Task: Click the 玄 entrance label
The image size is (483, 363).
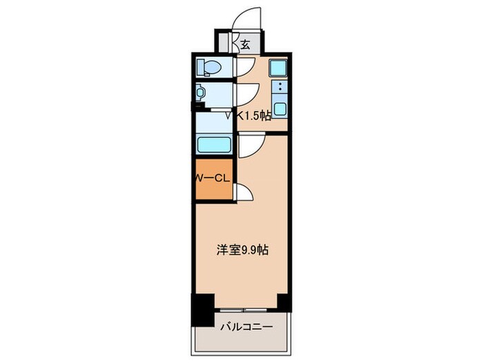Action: click(245, 45)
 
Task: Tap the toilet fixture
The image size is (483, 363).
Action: click(210, 68)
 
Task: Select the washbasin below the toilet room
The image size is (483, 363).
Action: click(201, 92)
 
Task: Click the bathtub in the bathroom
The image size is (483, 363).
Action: click(215, 145)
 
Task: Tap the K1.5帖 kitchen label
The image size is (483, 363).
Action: click(253, 117)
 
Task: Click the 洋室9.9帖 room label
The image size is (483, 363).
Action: click(241, 250)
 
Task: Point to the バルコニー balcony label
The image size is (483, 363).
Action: click(246, 326)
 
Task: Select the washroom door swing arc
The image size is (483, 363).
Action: click(247, 92)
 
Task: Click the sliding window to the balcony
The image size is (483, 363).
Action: click(246, 306)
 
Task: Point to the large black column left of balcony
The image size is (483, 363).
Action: click(201, 308)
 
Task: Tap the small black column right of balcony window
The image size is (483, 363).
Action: click(283, 301)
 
